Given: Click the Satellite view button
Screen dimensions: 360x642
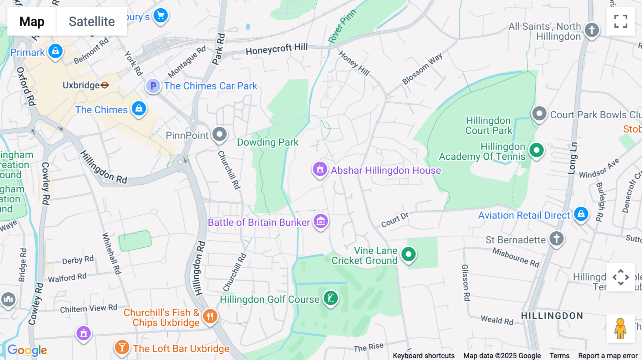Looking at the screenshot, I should [92, 21].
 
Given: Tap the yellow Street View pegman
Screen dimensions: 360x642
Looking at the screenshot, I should [620, 328].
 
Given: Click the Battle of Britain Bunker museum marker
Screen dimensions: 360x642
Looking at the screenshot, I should [321, 221].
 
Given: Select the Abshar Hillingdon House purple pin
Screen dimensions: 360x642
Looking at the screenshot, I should [320, 169].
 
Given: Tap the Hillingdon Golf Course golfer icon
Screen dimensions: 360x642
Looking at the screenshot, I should [331, 298].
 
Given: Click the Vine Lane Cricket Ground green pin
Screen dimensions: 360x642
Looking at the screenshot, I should [408, 254].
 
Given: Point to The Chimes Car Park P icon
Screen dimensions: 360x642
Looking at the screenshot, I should [153, 86].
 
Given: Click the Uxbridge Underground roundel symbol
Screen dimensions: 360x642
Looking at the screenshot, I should [105, 85].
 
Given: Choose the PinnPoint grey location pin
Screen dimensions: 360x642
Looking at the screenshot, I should [219, 134].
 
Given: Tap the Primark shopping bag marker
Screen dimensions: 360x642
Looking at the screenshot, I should [55, 51].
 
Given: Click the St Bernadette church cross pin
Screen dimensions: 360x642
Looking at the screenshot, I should [556, 238].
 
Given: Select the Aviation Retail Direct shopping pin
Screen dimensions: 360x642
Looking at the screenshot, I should [581, 214].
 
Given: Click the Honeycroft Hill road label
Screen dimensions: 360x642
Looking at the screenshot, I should [276, 49].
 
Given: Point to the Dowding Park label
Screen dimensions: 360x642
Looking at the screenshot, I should [267, 142].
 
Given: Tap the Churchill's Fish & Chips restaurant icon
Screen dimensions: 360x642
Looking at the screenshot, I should [210, 316].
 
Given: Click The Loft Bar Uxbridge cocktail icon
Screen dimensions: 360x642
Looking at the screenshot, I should [122, 347].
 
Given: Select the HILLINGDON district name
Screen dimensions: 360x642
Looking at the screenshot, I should [552, 316].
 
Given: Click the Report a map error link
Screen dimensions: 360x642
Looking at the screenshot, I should [607, 356].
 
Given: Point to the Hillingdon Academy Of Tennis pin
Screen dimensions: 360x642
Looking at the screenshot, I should [536, 150].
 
